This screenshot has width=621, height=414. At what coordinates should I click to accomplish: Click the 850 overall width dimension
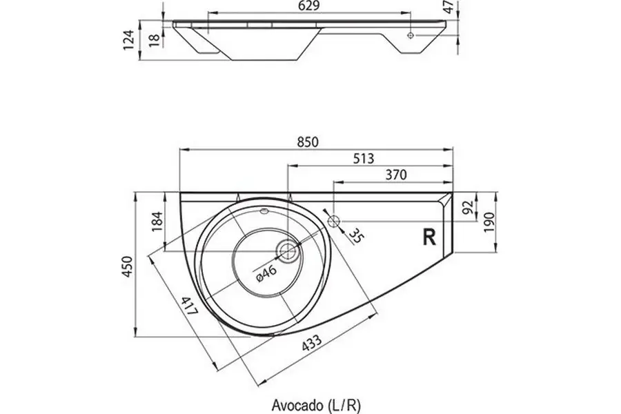pos(307,142)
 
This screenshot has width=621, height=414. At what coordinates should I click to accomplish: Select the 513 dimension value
pos(364,159)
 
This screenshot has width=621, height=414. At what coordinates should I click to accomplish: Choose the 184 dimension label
pos(157,221)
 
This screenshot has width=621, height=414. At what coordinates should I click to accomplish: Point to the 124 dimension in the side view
pos(128,41)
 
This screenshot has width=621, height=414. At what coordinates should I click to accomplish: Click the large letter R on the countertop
pos(428,237)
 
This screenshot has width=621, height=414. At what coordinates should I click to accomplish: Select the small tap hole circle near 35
pos(334,221)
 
